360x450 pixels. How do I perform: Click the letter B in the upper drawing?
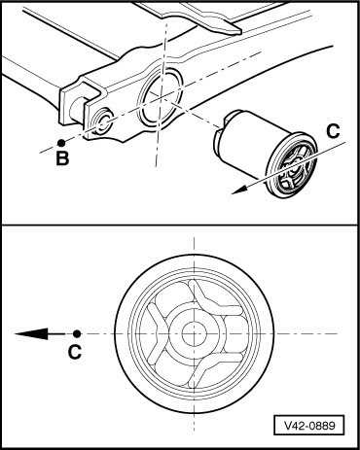[62, 158]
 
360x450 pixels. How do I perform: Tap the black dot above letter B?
[61, 143]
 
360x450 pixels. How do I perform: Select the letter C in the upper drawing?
[333, 131]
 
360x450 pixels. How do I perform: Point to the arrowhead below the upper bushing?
[239, 190]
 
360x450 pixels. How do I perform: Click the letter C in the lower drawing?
[75, 352]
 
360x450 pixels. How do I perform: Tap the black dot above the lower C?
[77, 333]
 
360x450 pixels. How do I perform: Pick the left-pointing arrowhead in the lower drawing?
[31, 333]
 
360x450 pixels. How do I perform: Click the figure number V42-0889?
[309, 425]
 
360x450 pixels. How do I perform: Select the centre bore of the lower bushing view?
[194, 334]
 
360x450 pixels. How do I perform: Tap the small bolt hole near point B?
[103, 122]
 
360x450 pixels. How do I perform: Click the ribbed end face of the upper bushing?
[292, 166]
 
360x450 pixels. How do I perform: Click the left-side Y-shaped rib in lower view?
[158, 333]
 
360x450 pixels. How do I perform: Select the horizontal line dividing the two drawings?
[180, 225]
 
